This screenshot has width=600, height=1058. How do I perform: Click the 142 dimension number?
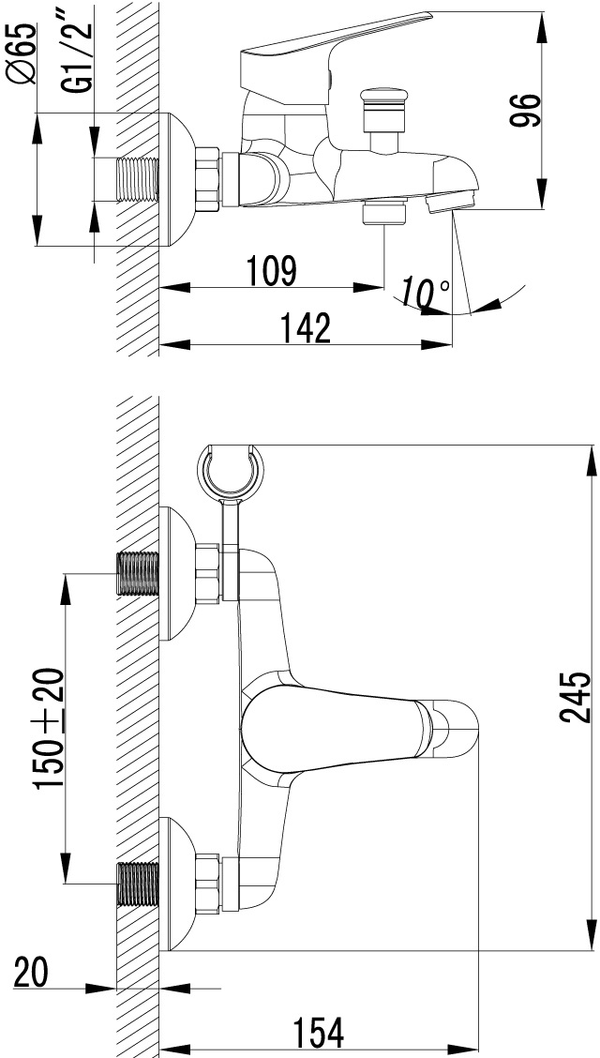point(307,328)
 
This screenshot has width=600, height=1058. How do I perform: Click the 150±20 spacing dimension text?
point(51,728)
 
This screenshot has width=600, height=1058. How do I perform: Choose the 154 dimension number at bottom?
point(318,1032)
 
